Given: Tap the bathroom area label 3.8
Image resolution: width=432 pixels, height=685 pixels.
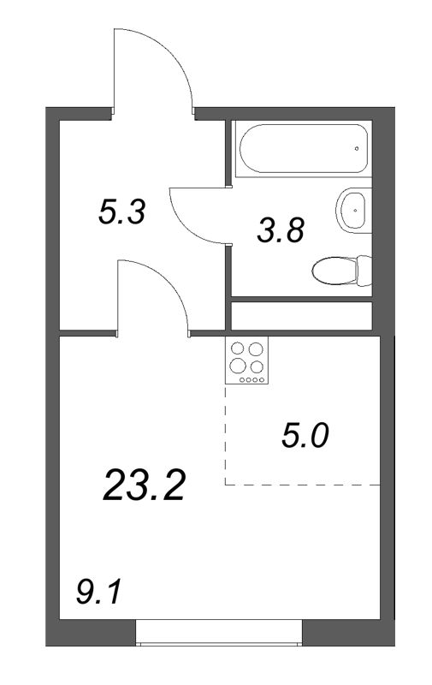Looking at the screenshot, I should coord(281,230).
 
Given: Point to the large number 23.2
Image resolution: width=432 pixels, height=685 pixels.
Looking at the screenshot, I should coord(144,485).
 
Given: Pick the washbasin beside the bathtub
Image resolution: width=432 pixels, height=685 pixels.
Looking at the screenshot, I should coord(352,208).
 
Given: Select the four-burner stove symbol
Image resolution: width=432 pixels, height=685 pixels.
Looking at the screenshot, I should coord(246,361).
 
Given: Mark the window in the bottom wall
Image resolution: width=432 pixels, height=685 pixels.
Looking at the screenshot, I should coord(220,634).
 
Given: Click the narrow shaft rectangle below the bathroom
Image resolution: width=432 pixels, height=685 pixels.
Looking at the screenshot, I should coord(302,315).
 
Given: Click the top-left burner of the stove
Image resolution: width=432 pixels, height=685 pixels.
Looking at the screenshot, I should coord(237,348).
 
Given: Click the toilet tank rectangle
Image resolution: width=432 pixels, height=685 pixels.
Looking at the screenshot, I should coord(367,272).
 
